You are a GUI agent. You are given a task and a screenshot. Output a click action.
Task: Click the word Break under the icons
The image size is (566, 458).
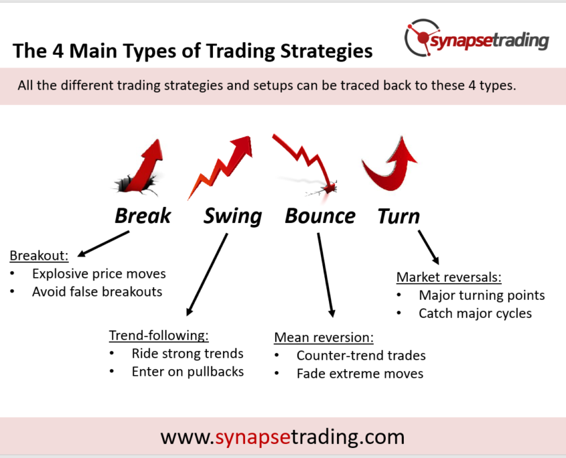click(x=143, y=216)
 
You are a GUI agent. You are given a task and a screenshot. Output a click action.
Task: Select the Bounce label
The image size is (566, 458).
click(x=320, y=216)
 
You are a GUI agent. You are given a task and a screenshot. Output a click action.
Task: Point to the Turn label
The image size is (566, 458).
click(x=399, y=216)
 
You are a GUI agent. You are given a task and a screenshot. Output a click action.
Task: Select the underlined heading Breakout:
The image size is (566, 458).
click(x=39, y=256)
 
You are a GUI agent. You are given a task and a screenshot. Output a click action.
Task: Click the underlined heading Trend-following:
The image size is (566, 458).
click(x=159, y=335)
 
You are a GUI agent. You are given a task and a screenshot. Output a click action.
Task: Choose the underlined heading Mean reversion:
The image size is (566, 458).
click(x=324, y=337)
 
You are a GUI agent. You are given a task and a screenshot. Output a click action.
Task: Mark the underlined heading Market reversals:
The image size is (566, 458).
click(x=449, y=277)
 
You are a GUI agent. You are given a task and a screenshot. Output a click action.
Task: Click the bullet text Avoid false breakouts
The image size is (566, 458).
click(x=97, y=292)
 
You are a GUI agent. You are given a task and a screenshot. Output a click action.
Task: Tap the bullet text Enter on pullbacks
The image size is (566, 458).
click(x=188, y=372)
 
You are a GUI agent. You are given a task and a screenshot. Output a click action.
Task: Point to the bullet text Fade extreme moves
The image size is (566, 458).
click(x=360, y=374)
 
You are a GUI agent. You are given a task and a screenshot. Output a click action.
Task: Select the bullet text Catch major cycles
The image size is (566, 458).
click(x=475, y=313)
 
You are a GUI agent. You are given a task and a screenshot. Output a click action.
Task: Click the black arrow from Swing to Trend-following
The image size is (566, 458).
click(x=207, y=275)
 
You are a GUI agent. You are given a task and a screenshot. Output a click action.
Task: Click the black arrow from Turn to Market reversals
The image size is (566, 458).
click(x=429, y=248)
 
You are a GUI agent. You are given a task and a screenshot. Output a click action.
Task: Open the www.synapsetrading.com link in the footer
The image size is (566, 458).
click(x=283, y=437)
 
